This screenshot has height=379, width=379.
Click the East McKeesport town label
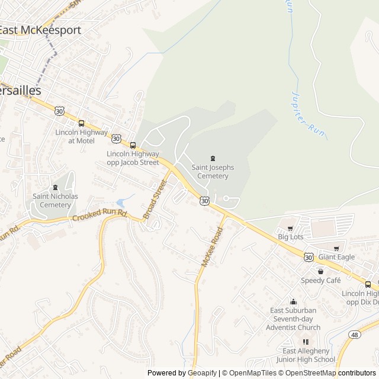pos(40,30)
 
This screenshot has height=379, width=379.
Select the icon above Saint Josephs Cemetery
pos(213,158)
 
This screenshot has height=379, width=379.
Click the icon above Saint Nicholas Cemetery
pos(55,188)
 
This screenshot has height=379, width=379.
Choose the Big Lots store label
pos(291,237)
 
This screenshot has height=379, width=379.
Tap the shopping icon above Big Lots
pos(290,228)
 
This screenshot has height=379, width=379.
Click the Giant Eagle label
pos(336,257)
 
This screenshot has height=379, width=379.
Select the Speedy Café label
pos(321,280)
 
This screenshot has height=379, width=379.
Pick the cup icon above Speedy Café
pos(320,271)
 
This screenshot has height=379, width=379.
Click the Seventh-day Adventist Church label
pos(293,319)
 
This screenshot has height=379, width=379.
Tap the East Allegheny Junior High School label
pos(306,355)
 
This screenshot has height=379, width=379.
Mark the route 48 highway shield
pos(355,335)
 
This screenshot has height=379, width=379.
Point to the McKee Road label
pos(211,248)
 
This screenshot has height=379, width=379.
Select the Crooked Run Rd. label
pos(100,216)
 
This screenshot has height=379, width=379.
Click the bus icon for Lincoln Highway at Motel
pos(81,124)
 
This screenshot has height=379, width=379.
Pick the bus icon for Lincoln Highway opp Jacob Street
pos(133,145)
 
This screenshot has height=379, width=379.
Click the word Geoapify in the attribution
pos(201,373)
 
